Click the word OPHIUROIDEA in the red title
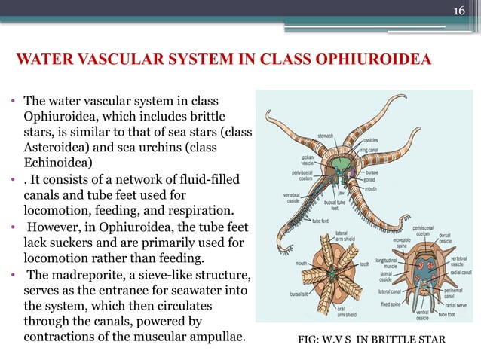click(x=367, y=59)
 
